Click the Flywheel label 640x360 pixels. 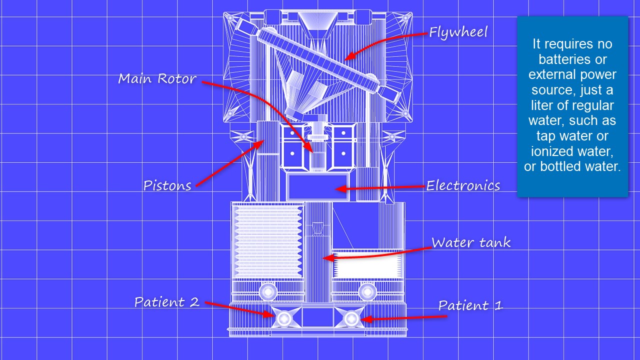(x=458, y=32)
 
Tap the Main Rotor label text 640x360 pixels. (x=157, y=78)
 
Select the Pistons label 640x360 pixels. (x=167, y=185)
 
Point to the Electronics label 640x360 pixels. (x=463, y=185)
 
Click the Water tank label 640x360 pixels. (x=471, y=242)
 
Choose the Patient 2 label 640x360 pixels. (x=167, y=302)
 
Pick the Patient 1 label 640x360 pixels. (x=470, y=305)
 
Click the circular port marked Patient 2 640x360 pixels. (x=284, y=318)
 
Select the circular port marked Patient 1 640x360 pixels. (x=351, y=318)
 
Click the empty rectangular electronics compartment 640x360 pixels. (x=317, y=186)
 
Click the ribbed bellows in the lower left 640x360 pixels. (x=268, y=241)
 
